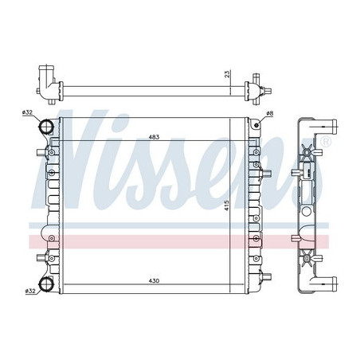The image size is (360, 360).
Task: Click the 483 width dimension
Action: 153,138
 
